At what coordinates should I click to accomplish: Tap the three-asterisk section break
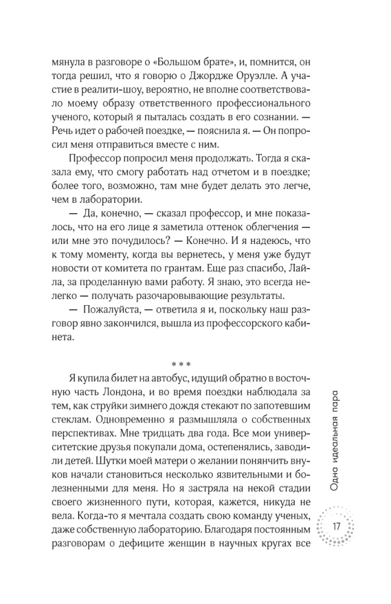tap(181, 365)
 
